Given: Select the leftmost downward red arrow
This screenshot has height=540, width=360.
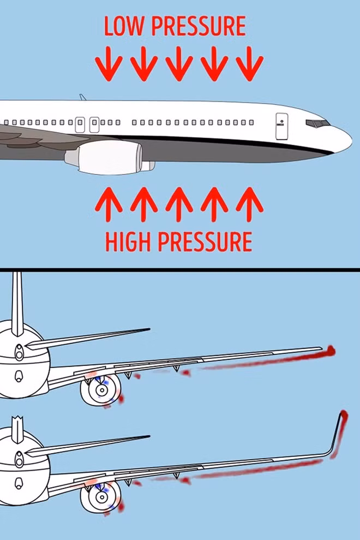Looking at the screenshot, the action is (109, 64).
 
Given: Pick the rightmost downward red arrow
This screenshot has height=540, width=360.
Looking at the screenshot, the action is (250, 64).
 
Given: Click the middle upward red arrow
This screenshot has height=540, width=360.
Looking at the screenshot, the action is (179, 204).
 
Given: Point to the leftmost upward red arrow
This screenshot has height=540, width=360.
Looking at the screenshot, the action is (109, 204).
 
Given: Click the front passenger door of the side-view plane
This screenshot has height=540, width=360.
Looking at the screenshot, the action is (281, 126).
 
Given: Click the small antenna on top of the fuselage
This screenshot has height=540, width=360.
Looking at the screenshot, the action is (83, 97).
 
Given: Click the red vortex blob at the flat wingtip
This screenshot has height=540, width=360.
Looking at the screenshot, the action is (329, 351).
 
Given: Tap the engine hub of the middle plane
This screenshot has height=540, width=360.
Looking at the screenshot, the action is (101, 391).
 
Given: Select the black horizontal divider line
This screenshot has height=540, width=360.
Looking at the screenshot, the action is (180, 269).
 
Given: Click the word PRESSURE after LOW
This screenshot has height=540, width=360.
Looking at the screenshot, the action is (199, 26).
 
